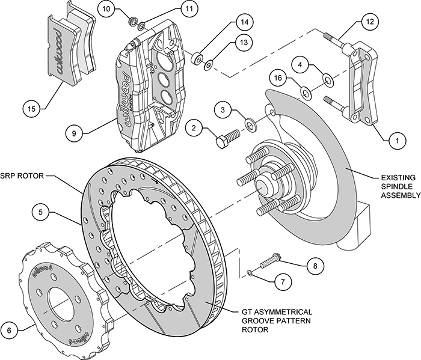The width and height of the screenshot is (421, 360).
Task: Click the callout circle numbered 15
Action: click(32, 109)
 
